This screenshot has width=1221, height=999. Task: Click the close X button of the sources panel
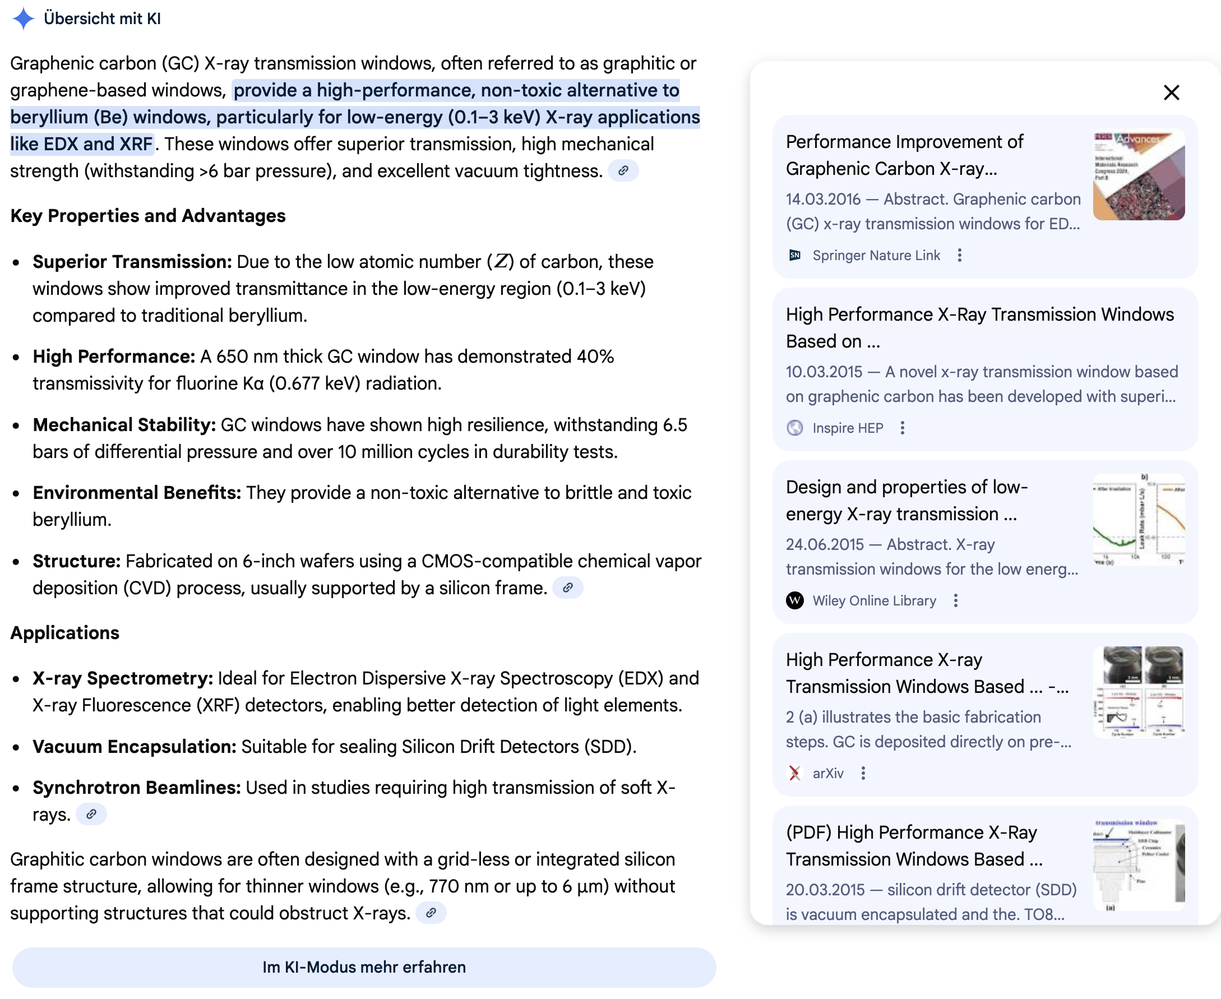tap(1171, 92)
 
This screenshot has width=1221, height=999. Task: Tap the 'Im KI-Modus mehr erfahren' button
tap(364, 967)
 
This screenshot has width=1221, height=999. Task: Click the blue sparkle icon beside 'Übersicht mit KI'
tap(23, 18)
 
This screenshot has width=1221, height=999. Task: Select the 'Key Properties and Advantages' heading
tap(148, 216)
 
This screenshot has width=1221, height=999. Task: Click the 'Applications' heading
tap(65, 632)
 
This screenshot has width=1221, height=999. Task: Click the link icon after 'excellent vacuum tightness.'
tap(623, 171)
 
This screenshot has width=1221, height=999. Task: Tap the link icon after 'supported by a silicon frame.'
tap(568, 588)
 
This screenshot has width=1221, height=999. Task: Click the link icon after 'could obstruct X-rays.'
tap(431, 913)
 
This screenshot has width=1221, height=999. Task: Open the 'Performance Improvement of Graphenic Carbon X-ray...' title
tap(904, 155)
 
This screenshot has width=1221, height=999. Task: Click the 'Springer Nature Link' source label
tap(876, 256)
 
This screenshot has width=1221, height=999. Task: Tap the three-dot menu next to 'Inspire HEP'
tap(902, 428)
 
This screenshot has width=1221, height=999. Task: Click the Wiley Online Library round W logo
tap(794, 601)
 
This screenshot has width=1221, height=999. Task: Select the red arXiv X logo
tap(794, 774)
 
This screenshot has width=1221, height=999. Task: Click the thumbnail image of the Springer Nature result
tap(1138, 174)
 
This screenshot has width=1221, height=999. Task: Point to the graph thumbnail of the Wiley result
tap(1138, 520)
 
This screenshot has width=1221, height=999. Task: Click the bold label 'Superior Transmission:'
tap(132, 262)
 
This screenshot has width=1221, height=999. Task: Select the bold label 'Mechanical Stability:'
tap(124, 425)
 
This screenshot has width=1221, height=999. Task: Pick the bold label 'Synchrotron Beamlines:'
tap(137, 787)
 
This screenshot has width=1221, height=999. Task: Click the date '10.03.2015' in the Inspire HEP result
tap(824, 372)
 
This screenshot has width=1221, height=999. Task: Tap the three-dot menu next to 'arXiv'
tap(863, 774)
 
